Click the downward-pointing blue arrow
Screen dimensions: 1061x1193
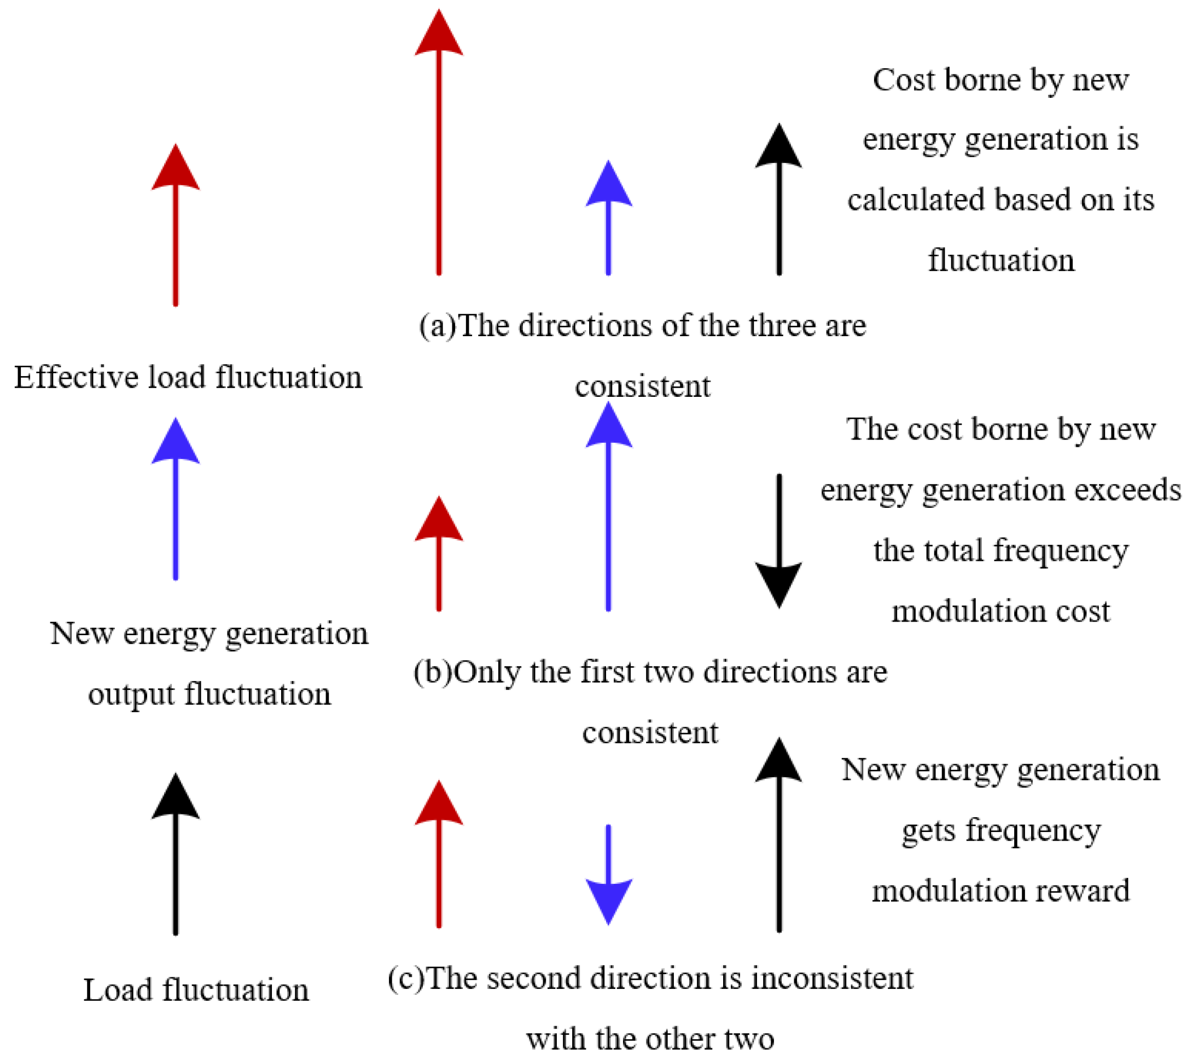608,875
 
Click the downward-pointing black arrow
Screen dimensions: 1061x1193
778,542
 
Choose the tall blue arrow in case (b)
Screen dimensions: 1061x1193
608,507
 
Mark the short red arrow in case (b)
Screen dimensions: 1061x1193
439,554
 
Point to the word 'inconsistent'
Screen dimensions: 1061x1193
832,977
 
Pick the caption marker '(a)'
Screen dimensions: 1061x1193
438,325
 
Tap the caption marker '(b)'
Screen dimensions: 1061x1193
433,671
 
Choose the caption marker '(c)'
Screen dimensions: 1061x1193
407,977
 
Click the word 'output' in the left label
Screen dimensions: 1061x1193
131,694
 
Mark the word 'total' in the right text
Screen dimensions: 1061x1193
956,550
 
